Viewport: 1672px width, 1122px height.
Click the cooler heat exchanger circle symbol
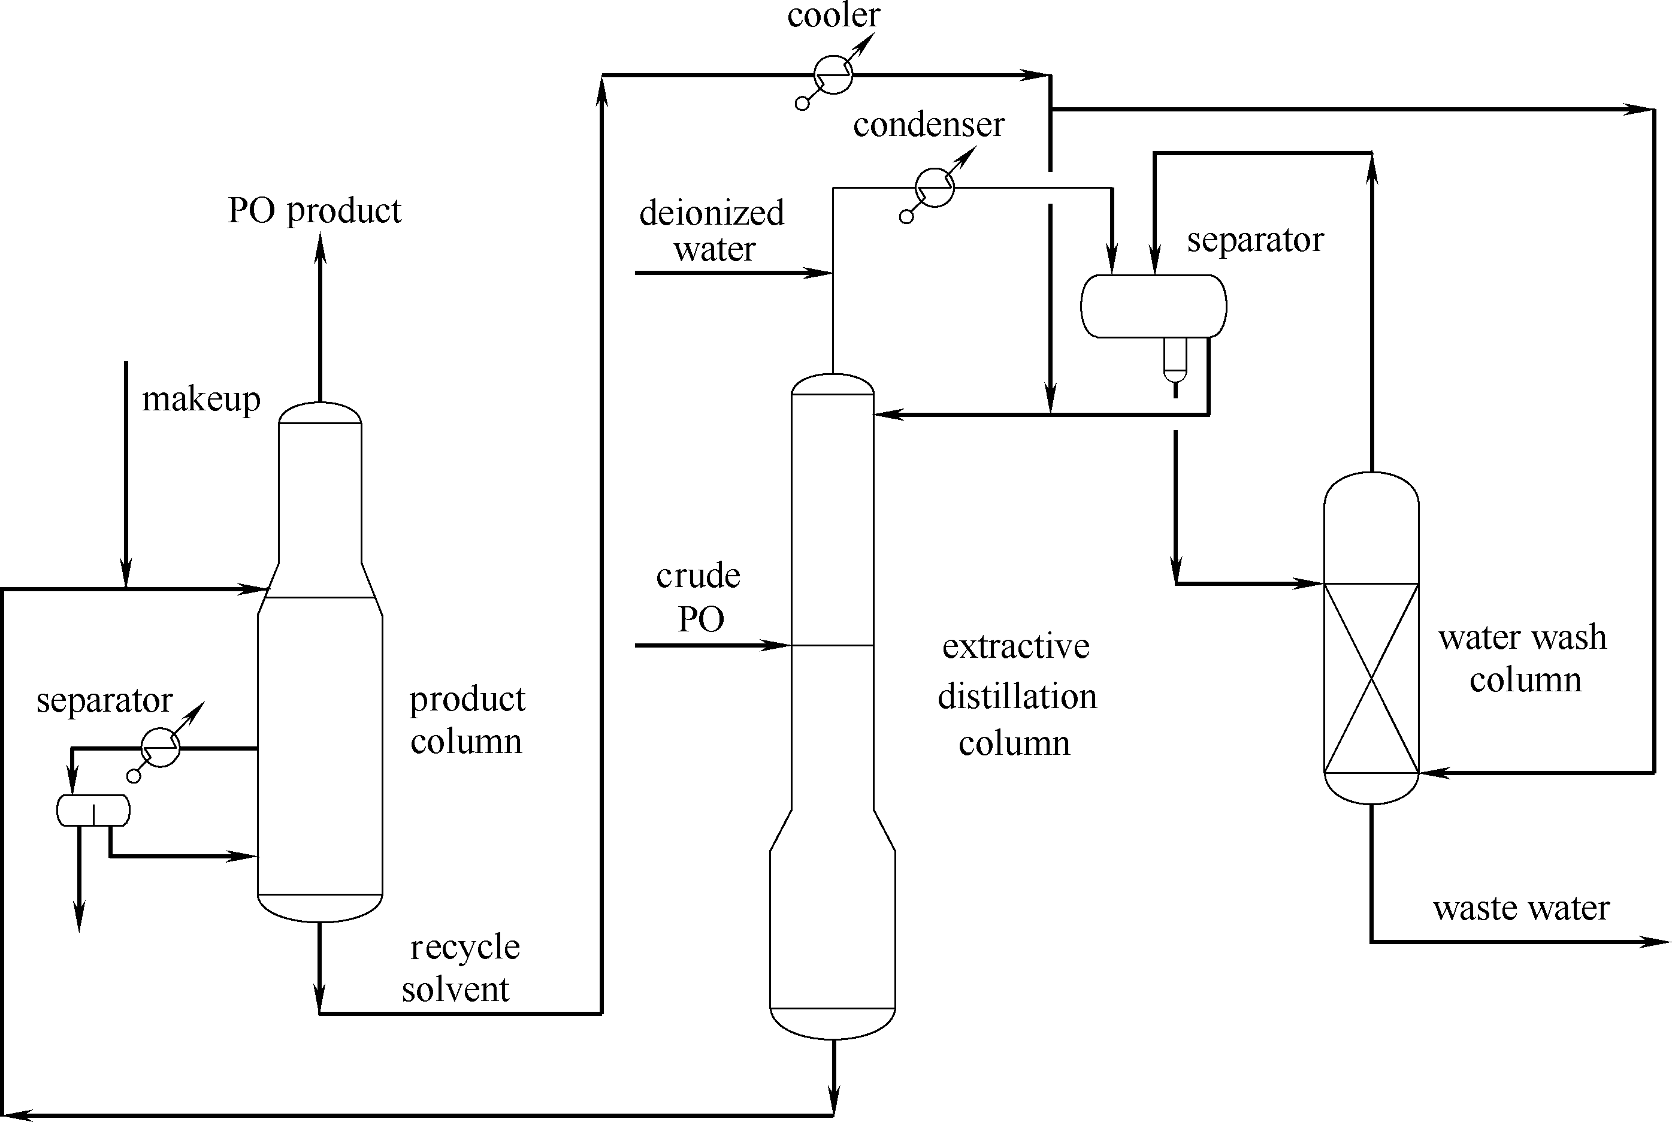click(x=833, y=74)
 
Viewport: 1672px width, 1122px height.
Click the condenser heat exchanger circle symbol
click(x=935, y=187)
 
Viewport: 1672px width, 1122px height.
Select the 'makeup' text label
click(x=201, y=400)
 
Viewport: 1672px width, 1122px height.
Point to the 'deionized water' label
click(x=712, y=231)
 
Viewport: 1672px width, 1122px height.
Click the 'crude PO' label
click(x=699, y=597)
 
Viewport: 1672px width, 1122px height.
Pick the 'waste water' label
click(x=1521, y=908)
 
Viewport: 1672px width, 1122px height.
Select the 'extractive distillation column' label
click(x=1017, y=695)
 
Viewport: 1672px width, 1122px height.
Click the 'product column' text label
click(x=467, y=720)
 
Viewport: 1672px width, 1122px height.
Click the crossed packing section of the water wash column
click(x=1371, y=678)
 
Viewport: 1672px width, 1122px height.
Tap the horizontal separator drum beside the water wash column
click(x=1153, y=306)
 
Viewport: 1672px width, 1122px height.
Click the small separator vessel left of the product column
click(x=93, y=810)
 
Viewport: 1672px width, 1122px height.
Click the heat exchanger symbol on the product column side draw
click(x=161, y=748)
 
